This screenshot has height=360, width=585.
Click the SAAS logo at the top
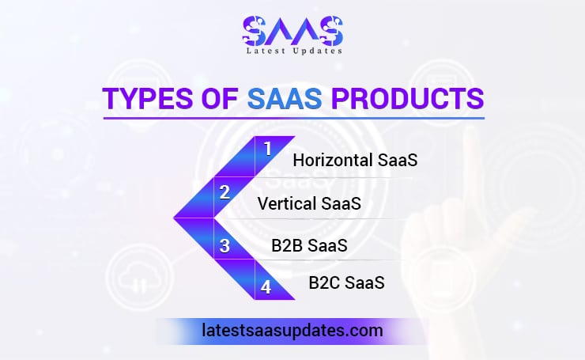coord(292,31)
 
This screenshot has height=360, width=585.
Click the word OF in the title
coord(220,100)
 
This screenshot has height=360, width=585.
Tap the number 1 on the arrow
coord(267,149)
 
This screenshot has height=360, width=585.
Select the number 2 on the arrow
coord(225,191)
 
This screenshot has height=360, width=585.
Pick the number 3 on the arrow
coord(225,246)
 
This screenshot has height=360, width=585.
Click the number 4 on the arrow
coord(266,287)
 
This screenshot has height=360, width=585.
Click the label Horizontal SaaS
coord(355,161)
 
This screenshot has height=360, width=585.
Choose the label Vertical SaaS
coord(309,203)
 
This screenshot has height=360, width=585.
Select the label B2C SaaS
coord(346,282)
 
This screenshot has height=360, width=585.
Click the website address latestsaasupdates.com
coord(292,330)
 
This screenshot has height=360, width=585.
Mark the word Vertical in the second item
coord(286,203)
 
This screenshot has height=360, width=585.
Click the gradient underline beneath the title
coord(292,119)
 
